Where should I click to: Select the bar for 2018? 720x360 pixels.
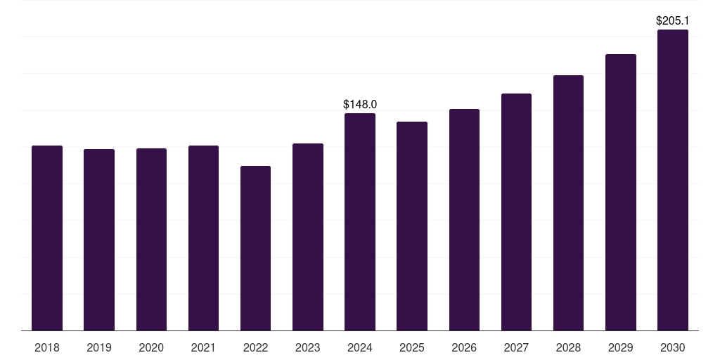click(x=47, y=238)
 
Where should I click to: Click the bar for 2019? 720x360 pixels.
click(x=99, y=240)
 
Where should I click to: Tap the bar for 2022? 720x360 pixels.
click(x=255, y=248)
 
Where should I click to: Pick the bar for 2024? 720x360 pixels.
click(x=360, y=221)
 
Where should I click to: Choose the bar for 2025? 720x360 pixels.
click(x=412, y=226)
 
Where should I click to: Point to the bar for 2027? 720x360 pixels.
click(x=516, y=212)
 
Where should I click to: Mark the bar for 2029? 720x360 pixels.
click(x=620, y=193)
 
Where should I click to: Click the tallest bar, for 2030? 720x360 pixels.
click(x=673, y=180)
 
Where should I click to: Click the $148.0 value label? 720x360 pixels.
click(x=360, y=104)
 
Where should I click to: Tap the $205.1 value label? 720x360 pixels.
click(x=673, y=20)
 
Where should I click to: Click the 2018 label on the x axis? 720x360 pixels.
click(x=47, y=347)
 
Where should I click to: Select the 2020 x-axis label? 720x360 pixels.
click(x=151, y=347)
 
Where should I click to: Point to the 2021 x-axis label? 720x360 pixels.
click(x=203, y=347)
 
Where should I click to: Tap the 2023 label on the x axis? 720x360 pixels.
click(x=308, y=347)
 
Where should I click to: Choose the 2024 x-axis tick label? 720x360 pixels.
click(x=360, y=347)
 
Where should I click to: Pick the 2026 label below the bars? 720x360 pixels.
click(x=464, y=347)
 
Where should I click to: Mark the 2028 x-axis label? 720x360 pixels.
click(x=568, y=347)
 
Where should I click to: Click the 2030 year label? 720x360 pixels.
click(x=673, y=347)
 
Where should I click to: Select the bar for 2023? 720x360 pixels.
click(x=308, y=237)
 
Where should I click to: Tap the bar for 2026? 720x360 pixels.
click(x=464, y=220)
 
